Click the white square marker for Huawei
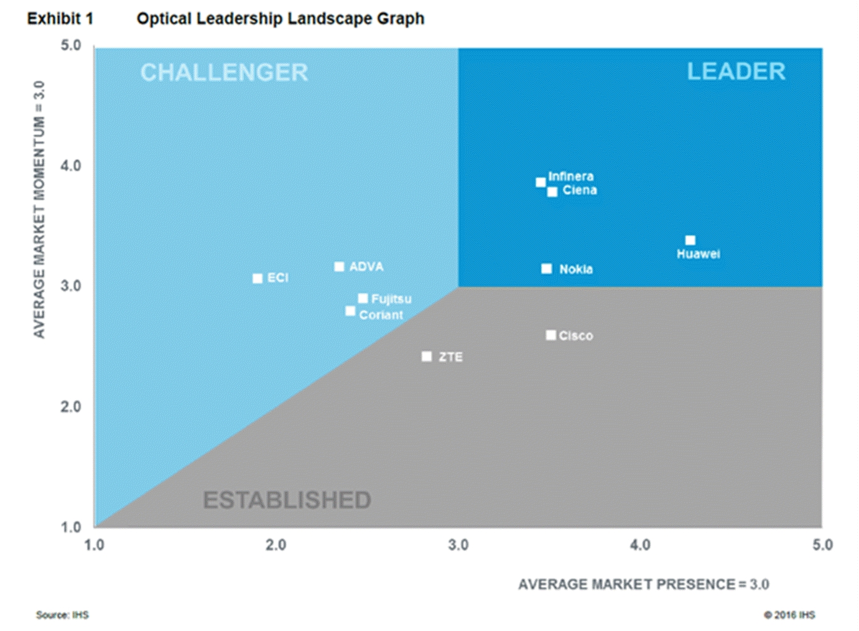(690, 240)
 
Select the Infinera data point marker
(541, 182)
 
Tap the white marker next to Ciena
(552, 192)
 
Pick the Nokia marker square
(546, 269)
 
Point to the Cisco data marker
(550, 335)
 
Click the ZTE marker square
(426, 357)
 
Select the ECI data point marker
(258, 278)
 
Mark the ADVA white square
(339, 267)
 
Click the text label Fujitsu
(391, 299)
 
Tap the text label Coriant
(381, 315)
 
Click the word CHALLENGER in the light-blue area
(224, 73)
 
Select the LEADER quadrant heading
(736, 72)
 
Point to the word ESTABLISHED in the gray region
(287, 500)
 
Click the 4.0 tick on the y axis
(71, 166)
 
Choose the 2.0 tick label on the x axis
(276, 545)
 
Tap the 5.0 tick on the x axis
(822, 545)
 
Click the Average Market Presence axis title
(643, 584)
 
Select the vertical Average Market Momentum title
(39, 209)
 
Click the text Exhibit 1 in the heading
(60, 19)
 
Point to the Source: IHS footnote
(62, 615)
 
